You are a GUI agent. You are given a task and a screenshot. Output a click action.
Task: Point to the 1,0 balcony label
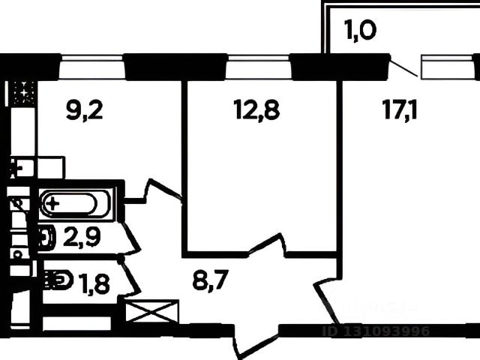[x=360, y=32]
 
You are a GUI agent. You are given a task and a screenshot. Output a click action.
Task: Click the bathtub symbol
[x=69, y=204]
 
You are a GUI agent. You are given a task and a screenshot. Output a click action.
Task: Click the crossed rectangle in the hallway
[x=153, y=311]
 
